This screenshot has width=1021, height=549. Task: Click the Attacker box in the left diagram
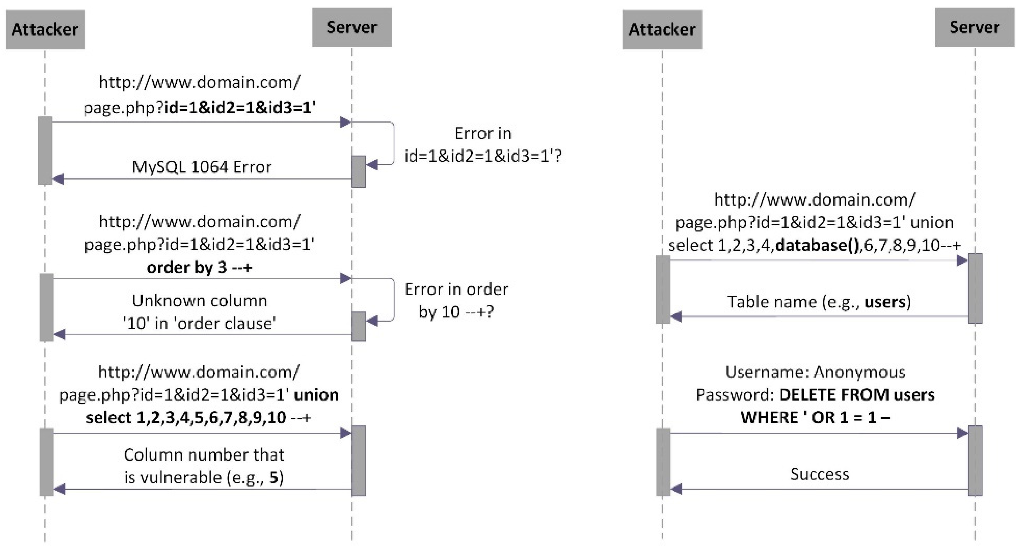pos(45,30)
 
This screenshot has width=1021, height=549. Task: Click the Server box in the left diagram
pos(351,27)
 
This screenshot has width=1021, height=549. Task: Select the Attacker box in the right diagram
pos(662,30)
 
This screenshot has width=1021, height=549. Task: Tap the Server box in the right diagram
pos(974,27)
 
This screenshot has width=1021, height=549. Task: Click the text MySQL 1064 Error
pos(201,167)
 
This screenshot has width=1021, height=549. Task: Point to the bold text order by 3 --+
pos(199,267)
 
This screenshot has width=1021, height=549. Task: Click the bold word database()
pos(817,245)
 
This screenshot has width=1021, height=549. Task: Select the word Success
pos(819,474)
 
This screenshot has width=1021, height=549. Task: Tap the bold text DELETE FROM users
pos(857,395)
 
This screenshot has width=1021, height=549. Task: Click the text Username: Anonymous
pos(815,372)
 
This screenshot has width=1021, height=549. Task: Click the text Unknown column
pos(199,301)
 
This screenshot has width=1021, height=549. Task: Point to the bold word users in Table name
pos(885,302)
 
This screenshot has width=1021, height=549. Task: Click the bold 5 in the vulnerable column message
pos(274,477)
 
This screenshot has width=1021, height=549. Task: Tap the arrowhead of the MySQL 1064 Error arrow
pos(58,179)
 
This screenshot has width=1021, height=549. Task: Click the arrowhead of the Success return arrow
pos(676,489)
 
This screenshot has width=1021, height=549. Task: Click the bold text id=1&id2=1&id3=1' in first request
pos(240,108)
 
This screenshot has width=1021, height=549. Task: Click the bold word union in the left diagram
pos(316,395)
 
